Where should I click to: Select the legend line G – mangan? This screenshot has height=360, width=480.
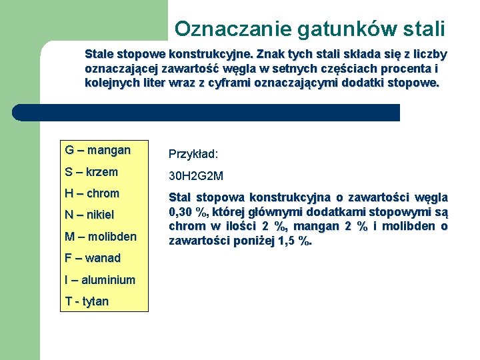pos(97,150)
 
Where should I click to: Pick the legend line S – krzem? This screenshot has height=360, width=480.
pos(91,172)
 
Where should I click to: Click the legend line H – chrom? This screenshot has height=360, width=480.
pos(92,193)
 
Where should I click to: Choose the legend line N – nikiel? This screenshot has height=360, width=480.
pos(89,215)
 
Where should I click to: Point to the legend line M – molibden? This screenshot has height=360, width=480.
pos(100,236)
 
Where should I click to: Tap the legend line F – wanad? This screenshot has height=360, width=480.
pos(93,258)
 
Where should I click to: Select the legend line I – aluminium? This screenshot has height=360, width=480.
pos(100,280)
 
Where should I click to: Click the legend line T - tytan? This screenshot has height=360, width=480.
pos(87,301)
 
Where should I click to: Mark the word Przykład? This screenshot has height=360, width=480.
pos(193,154)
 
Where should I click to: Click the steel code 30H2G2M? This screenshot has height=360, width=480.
pos(196,176)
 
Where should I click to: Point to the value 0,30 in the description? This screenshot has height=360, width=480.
pos(182,212)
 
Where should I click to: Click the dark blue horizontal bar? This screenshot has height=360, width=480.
pos(207,113)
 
